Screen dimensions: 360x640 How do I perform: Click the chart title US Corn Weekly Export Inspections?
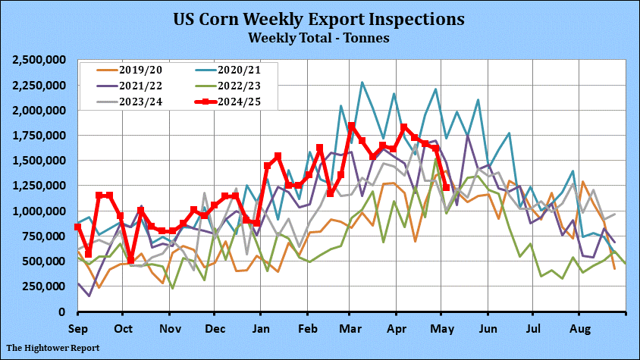tap(319, 18)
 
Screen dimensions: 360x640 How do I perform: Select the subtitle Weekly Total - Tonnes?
tap(319, 36)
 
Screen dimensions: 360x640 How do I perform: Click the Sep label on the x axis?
tap(77, 329)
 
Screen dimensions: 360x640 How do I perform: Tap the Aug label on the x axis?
tap(580, 329)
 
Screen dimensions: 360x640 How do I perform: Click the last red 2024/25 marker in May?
tap(446, 187)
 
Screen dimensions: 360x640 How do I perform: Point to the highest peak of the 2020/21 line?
tap(362, 82)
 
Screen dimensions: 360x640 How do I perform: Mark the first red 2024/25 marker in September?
tap(77, 227)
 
